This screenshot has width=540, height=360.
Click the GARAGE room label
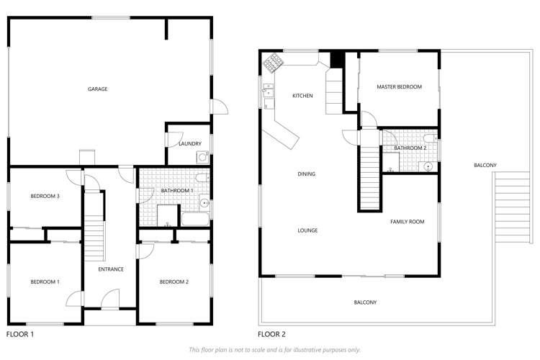98,89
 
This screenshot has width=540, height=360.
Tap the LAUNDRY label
189,143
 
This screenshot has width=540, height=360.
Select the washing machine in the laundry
202,156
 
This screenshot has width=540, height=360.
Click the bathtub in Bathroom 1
194,219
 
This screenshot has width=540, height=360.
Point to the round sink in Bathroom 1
204,203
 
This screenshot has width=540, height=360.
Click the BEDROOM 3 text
45,197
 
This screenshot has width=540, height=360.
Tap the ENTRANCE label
111,269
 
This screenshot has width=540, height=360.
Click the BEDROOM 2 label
174,282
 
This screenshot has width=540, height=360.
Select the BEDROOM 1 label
45,282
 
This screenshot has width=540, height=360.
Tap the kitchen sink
267,91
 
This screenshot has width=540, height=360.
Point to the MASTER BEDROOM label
399,86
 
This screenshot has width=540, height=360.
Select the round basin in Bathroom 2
428,165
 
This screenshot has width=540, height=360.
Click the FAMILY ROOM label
407,222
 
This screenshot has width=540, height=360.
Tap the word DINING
307,174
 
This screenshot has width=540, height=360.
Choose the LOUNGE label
307,230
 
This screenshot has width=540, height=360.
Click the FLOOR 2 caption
272,334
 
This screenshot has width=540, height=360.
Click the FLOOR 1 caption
20,334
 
